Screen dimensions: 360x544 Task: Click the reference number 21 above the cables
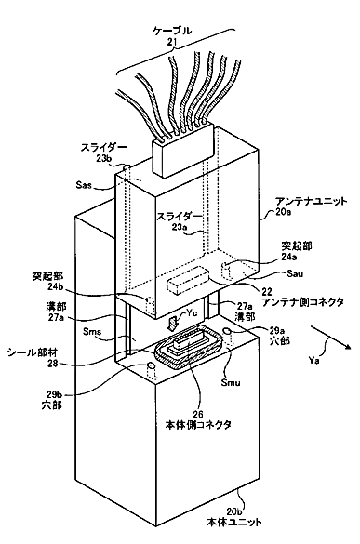[x=172, y=42]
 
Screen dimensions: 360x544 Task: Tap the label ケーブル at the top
[x=172, y=31]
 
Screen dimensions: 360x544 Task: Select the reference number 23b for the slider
[x=103, y=158]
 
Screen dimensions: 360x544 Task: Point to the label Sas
[x=84, y=184]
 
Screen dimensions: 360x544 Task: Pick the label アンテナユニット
[x=311, y=201]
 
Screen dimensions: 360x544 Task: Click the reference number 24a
[x=288, y=258]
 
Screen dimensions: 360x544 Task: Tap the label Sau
[x=295, y=273]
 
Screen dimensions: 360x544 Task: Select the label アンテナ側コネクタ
[x=302, y=302]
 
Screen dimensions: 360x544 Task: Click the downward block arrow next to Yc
[x=172, y=324]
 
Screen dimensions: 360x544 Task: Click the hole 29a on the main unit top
[x=228, y=331]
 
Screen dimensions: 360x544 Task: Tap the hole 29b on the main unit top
[x=152, y=365]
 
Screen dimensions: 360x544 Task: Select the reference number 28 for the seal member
[x=50, y=364]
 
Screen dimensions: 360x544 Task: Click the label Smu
[x=233, y=383]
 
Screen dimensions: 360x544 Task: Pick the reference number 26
[x=199, y=414]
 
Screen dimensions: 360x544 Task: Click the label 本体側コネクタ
[x=198, y=425]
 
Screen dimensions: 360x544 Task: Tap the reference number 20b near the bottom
[x=234, y=511]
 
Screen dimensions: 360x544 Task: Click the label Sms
[x=92, y=331]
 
